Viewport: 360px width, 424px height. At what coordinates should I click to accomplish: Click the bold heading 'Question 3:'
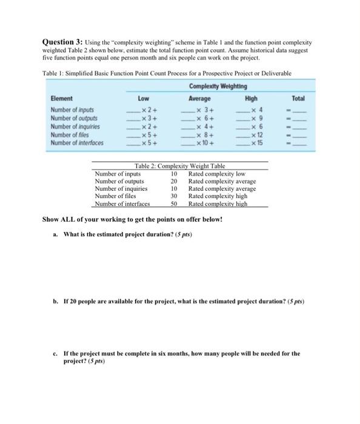(64, 43)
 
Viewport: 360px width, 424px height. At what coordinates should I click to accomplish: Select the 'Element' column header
(62, 99)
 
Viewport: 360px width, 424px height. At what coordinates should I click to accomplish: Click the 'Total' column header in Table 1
(298, 98)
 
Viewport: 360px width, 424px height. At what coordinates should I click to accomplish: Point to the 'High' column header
(252, 98)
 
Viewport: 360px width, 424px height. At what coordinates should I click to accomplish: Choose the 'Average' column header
(199, 98)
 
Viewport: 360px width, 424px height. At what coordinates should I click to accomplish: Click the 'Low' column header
(144, 98)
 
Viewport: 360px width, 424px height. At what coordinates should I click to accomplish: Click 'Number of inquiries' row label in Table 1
(76, 126)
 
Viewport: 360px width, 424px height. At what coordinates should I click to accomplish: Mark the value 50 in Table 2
(174, 204)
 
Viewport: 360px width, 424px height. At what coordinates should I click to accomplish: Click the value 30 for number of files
(174, 196)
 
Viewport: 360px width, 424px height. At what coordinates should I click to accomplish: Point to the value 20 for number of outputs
(174, 181)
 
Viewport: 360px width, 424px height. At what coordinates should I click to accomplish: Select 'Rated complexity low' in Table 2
(216, 173)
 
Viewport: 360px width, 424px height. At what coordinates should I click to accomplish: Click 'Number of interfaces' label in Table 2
(123, 204)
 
